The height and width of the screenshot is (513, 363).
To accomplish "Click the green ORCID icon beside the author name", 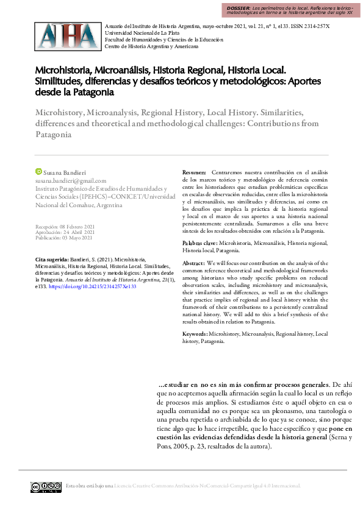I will pos(38,172).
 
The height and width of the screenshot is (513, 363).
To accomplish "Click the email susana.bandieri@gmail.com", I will pos(71,181).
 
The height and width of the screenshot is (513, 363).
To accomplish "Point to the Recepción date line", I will pos(65,226).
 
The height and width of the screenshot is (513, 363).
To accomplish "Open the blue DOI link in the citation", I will pos(92,286).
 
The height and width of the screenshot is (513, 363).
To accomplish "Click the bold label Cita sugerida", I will pos(52,259).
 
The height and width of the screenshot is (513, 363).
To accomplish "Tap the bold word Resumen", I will pos(195,173).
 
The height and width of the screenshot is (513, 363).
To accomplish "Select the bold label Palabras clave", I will pos(199,243).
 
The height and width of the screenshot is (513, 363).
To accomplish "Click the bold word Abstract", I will pos(194,262).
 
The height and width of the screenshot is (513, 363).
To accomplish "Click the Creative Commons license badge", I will pos(46,486).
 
